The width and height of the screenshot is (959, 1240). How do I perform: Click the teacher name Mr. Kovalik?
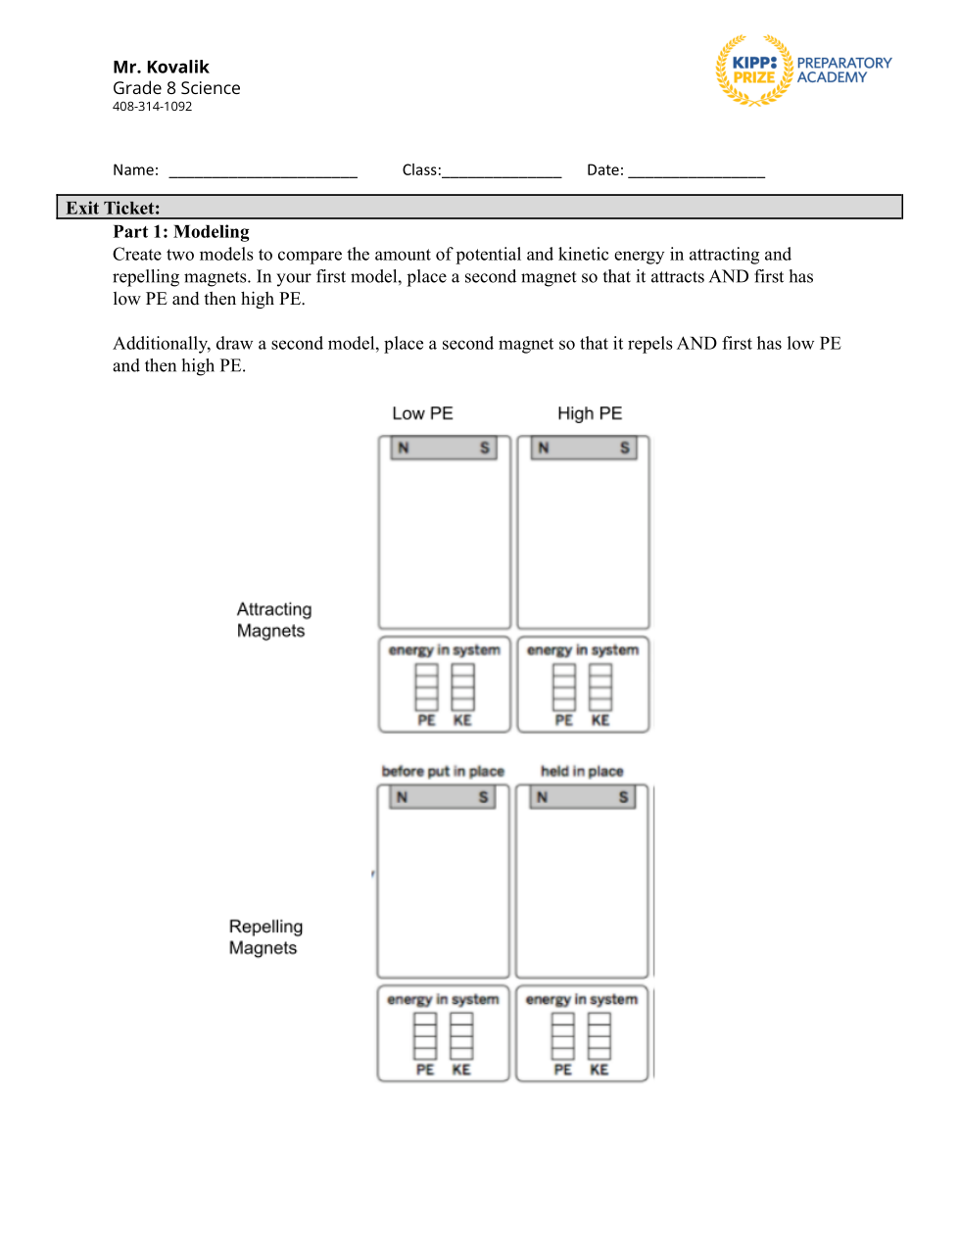[x=161, y=67]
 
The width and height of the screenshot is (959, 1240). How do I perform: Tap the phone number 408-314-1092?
[x=152, y=107]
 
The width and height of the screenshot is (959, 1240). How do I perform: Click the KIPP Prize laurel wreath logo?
[x=753, y=71]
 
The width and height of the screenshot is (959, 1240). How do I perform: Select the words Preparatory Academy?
[x=843, y=70]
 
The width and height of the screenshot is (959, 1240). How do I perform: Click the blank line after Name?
[x=263, y=170]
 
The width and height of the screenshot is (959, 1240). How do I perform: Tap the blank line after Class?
[x=502, y=170]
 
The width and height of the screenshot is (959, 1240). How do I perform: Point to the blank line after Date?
[x=696, y=170]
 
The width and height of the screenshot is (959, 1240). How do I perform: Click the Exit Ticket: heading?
[x=113, y=208]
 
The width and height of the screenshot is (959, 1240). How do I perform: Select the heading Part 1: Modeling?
[x=181, y=232]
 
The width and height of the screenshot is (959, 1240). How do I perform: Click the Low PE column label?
[x=422, y=413]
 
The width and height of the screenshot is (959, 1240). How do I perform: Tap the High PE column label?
[x=590, y=413]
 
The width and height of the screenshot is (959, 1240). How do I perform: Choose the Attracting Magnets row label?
[x=273, y=620]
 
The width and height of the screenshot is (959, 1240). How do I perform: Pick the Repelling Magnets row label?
[x=265, y=937]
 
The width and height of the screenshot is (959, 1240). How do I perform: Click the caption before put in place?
[x=443, y=771]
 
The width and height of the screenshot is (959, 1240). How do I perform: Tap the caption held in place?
[x=582, y=771]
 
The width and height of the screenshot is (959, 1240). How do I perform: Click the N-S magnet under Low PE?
[x=444, y=449]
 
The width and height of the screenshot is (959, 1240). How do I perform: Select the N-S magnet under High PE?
[x=584, y=449]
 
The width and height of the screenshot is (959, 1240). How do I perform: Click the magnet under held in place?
[x=583, y=797]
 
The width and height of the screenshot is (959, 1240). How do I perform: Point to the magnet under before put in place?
[x=443, y=797]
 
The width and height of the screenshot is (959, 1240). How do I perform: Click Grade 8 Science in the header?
[x=176, y=88]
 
